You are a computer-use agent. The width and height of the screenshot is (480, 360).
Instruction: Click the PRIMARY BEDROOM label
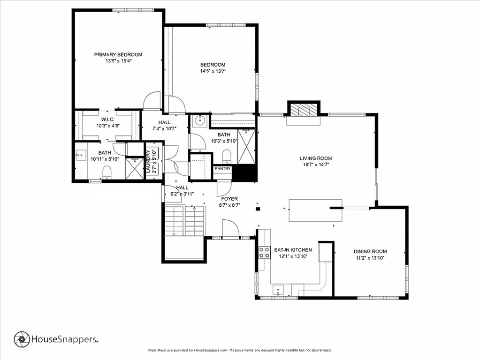click(118, 55)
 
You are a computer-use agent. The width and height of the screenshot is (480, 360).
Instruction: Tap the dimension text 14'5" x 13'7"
click(213, 71)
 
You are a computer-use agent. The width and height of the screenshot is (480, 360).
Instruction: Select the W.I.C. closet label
click(108, 119)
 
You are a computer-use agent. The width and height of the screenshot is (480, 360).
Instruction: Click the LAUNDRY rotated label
click(148, 162)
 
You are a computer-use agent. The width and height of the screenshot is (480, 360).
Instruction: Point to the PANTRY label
click(222, 169)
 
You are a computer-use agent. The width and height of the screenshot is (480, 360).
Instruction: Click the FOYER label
click(229, 199)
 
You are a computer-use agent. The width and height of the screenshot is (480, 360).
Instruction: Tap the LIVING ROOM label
click(316, 158)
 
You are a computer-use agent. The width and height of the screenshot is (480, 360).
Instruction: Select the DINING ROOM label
click(370, 251)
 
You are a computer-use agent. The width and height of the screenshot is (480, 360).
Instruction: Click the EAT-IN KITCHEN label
click(293, 250)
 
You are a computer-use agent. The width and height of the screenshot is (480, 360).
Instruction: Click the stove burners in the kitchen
click(265, 252)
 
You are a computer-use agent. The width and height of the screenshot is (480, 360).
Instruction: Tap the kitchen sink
click(278, 289)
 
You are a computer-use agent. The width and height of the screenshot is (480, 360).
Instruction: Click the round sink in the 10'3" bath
click(200, 121)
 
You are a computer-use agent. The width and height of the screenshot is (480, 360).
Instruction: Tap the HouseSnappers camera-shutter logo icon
click(22, 339)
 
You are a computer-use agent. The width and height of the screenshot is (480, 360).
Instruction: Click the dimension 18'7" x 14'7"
click(316, 165)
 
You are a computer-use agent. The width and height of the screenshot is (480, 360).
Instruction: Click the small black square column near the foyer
click(258, 209)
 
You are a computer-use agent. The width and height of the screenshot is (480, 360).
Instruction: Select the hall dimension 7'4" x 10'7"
click(165, 128)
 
